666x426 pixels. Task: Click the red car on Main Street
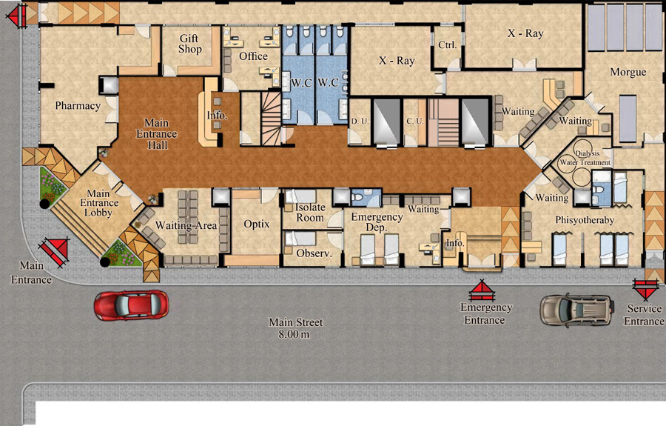click(x=131, y=304)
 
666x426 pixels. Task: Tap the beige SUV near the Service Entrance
click(x=577, y=310)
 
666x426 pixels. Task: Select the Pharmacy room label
click(x=78, y=105)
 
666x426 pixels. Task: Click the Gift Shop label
click(x=189, y=44)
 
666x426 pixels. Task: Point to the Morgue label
click(x=628, y=73)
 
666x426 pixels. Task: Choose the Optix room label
click(x=257, y=224)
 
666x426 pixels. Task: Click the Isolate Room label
click(x=310, y=213)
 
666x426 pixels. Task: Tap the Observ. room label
click(x=314, y=253)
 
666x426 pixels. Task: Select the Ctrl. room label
click(x=447, y=45)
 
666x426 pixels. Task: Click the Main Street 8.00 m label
click(x=295, y=328)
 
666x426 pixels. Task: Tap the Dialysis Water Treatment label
click(x=585, y=158)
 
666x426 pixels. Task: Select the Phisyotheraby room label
click(x=585, y=220)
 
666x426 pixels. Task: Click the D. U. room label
click(x=360, y=122)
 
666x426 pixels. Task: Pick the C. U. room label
click(x=415, y=122)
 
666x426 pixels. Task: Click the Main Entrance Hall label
click(x=157, y=134)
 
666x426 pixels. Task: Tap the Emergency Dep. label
click(x=377, y=222)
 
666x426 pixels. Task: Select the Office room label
click(x=253, y=56)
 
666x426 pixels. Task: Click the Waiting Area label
click(x=186, y=225)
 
